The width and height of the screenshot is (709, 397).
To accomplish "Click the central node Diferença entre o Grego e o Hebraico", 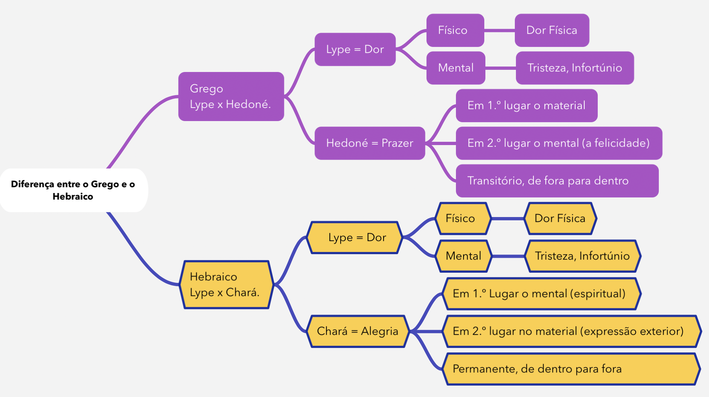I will click(x=73, y=190).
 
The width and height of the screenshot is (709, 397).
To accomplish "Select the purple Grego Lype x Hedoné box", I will click(x=231, y=96).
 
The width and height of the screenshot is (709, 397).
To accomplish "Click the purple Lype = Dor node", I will click(x=355, y=49).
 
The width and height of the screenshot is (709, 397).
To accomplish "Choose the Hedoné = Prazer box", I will click(x=369, y=143).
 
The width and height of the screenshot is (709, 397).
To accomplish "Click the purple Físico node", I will click(x=455, y=30).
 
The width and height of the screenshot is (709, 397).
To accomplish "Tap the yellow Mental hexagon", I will click(x=464, y=256).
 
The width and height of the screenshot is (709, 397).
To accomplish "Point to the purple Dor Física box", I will click(x=552, y=30).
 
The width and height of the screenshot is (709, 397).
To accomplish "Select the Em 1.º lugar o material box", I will click(x=526, y=105).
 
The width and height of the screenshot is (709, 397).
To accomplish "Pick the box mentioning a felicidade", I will click(x=558, y=143).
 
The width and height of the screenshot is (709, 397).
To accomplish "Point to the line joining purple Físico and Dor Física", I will click(x=500, y=31).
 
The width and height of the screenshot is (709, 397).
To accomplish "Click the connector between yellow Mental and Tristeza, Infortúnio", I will click(x=508, y=256).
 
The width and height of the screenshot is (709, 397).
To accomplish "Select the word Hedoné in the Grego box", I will click(x=248, y=105).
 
